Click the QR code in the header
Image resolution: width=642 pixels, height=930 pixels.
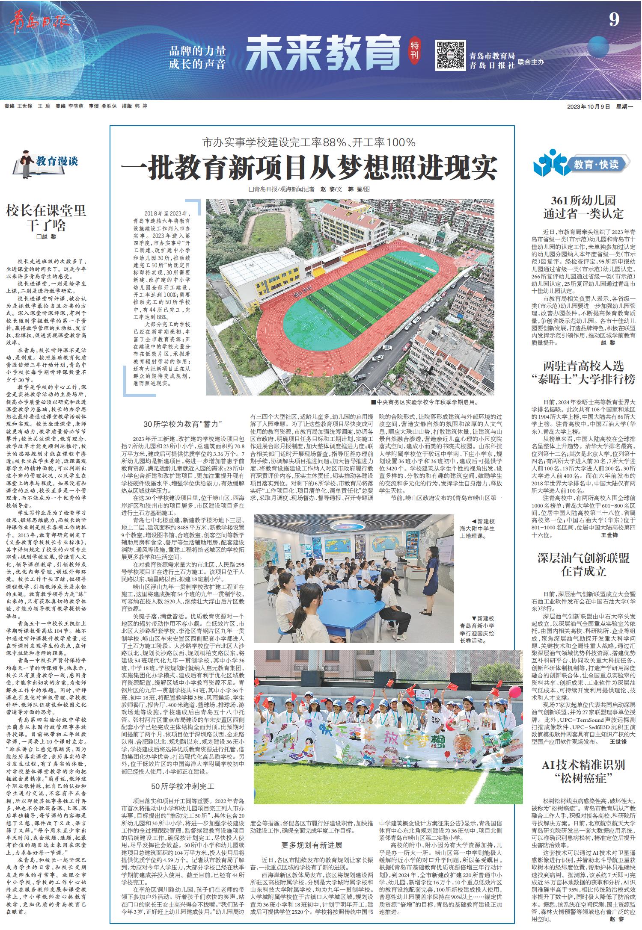coord(450,56)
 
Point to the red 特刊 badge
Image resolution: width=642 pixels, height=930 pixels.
coord(414,50)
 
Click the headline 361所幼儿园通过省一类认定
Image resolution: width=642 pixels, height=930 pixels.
coord(583,207)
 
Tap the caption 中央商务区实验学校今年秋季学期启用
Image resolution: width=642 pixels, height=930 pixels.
coord(424,402)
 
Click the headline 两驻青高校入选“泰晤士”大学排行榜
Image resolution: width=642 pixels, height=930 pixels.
coord(583,372)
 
